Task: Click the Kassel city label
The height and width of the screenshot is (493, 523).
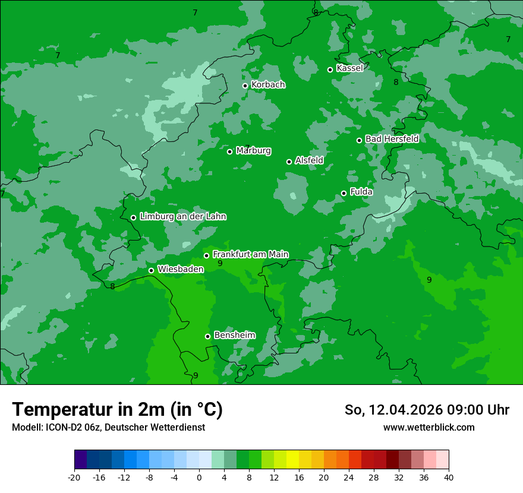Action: (x=349, y=68)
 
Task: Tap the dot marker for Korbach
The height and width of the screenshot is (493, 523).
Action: (x=245, y=86)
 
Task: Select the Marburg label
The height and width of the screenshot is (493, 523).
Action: (x=253, y=151)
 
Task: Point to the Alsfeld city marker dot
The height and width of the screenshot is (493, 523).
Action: (x=289, y=162)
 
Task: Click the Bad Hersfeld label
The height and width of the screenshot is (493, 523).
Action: (x=392, y=139)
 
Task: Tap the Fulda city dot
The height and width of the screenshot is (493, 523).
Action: (x=344, y=193)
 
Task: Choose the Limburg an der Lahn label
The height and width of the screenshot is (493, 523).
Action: (x=182, y=217)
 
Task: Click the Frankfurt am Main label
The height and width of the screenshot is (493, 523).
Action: (x=250, y=254)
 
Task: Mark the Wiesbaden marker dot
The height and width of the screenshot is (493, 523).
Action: (x=151, y=270)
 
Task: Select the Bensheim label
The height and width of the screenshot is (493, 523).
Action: (x=234, y=335)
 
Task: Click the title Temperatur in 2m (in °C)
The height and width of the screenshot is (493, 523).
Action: (x=117, y=409)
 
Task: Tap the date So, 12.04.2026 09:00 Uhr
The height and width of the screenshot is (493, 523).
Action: (x=427, y=410)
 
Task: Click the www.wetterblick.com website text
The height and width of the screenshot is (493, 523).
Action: (x=429, y=427)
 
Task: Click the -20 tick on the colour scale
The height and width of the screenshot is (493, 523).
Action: (x=74, y=478)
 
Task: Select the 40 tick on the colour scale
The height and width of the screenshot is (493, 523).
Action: (x=449, y=478)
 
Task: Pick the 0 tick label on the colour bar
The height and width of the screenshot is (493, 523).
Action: (x=199, y=478)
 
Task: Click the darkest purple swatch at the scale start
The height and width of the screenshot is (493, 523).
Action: (x=81, y=460)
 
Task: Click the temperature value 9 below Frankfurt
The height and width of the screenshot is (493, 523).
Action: (x=220, y=263)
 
